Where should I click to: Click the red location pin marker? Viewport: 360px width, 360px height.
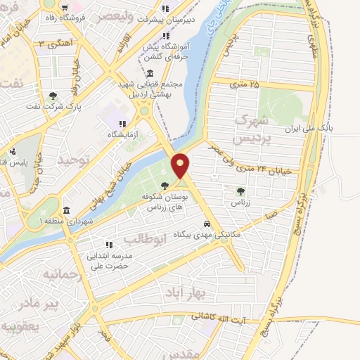pos(181,165)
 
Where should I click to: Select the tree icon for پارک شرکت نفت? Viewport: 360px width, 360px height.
pos(54,96)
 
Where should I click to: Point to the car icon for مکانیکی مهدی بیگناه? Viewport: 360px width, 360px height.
pos(206,224)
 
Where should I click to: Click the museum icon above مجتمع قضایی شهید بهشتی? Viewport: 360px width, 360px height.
pos(150,73)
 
